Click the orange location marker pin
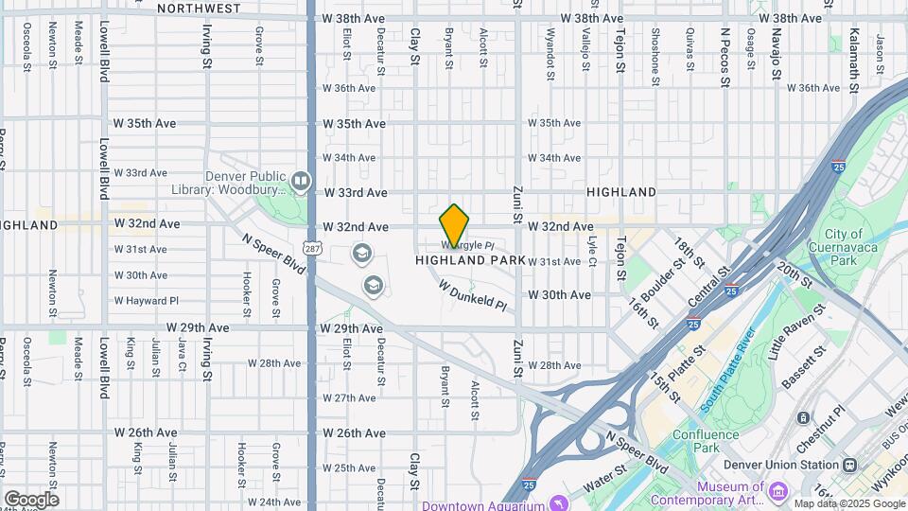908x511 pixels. pos(455,226)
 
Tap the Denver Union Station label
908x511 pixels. pos(781,465)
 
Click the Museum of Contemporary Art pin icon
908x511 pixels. pos(778,490)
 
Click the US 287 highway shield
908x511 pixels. pos(310,247)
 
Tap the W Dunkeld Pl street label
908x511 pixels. pos(473,294)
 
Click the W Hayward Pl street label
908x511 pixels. pos(147,301)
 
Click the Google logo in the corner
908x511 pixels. pos(31,499)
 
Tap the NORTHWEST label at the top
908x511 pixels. pos(199,8)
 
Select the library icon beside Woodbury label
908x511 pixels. pos(301,180)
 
